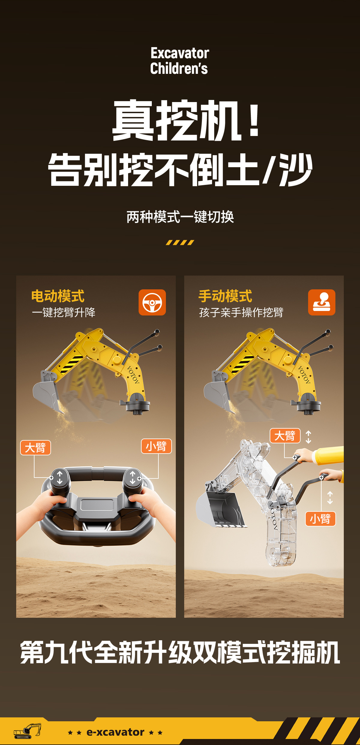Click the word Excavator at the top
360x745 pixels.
180,53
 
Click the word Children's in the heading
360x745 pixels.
179,68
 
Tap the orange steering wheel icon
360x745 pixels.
152,302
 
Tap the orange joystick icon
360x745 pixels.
322,302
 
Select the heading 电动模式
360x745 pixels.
58,296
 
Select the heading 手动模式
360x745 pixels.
225,296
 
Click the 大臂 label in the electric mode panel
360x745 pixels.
35,448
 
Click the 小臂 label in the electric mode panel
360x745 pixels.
156,446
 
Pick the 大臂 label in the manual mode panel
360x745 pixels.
285,436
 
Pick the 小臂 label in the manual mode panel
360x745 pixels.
320,519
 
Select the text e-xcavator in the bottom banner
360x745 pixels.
115,732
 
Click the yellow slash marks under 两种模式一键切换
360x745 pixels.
180,243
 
